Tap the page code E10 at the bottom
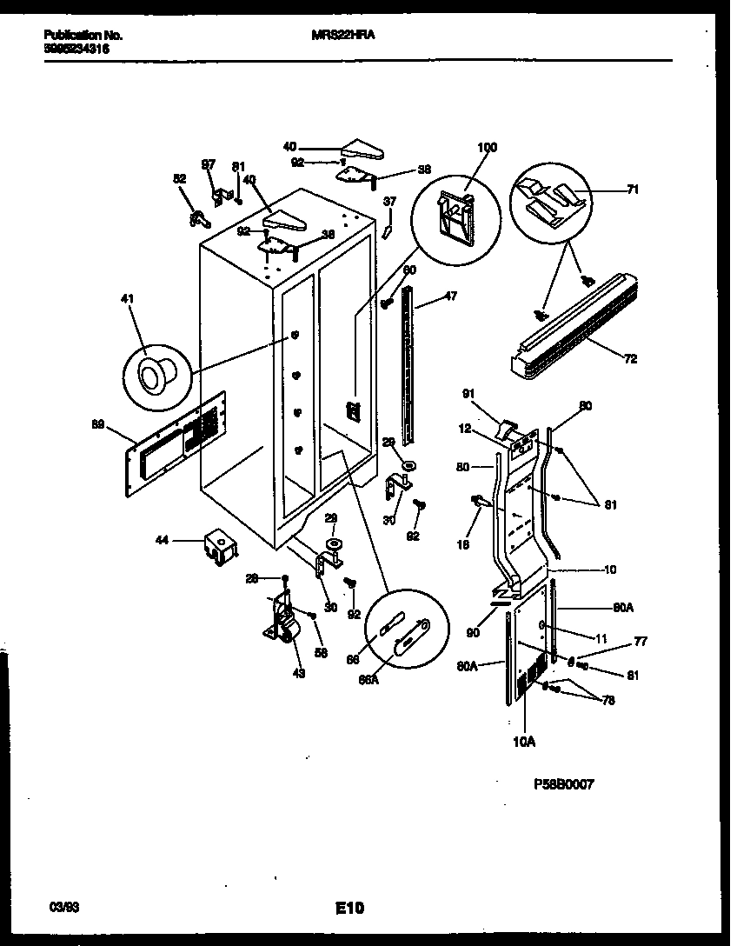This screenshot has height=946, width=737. click(349, 909)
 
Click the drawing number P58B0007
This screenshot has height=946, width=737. click(564, 783)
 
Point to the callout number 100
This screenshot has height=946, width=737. click(487, 148)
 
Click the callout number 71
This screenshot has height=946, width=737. click(633, 189)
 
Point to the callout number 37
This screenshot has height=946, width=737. click(390, 202)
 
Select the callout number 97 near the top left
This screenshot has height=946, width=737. click(209, 164)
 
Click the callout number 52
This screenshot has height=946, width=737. click(180, 178)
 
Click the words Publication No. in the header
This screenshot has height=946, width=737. click(83, 36)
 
